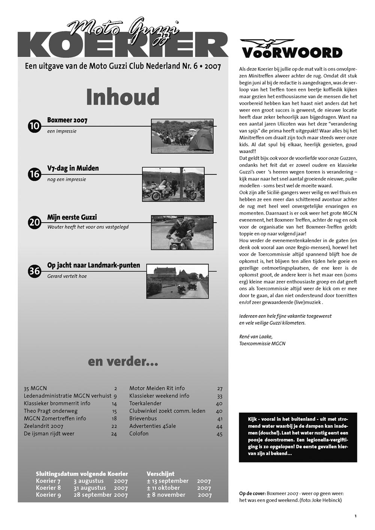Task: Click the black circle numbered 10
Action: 34,126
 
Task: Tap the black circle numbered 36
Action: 34,271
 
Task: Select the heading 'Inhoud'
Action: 123,97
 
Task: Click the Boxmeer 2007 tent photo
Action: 182,136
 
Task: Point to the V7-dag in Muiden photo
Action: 173,184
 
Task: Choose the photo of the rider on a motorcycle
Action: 182,232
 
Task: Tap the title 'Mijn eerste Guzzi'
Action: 72,217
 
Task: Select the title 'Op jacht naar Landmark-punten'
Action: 93,265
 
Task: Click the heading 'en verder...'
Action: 123,361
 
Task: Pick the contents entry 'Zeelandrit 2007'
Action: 43,426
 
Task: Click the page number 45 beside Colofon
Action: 219,434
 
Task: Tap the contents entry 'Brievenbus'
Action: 143,419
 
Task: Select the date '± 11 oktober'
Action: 163,488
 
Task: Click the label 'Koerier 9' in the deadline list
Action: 48,495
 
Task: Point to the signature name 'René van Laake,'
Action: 256,336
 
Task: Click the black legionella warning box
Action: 298,437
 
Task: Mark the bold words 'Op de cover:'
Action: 252,493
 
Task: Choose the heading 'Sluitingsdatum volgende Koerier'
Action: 82,474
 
